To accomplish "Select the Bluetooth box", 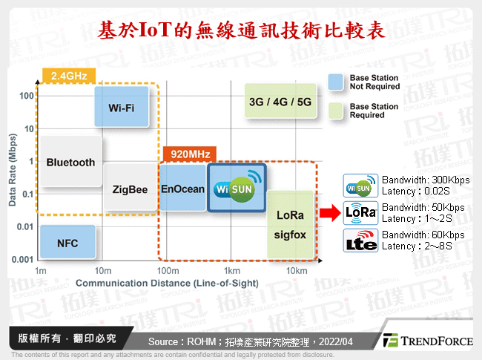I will coord(70,162).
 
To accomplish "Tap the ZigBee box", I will coord(130,189).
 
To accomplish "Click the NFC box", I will coord(67,243).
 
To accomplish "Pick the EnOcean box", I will coord(182,189).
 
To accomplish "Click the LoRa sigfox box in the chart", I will coord(291,225).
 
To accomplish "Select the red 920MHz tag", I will coord(188,154).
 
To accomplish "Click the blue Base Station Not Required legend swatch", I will coord(337,82).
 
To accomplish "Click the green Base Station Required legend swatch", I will coord(337,111).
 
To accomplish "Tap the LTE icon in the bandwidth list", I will coord(361,240).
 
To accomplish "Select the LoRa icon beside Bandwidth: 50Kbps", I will coord(361,213).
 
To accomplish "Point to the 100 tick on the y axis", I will coord(28,96).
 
